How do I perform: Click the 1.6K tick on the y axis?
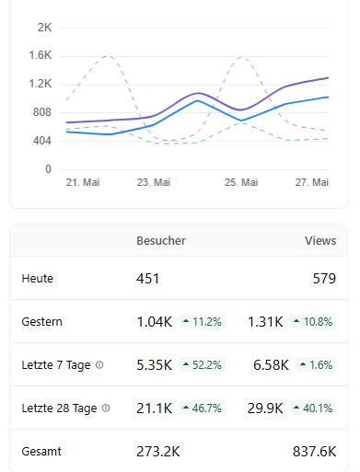[41, 55]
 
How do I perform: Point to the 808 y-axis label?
[42, 112]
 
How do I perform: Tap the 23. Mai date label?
[154, 182]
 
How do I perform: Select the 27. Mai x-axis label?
[312, 182]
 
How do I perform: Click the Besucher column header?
[161, 241]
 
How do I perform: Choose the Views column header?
[320, 241]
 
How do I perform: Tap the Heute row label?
[38, 279]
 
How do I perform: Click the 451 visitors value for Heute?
[148, 279]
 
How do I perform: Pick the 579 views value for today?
[324, 279]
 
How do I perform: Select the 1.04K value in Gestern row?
[155, 322]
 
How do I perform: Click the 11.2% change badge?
[203, 321]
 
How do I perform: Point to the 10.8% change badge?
[313, 321]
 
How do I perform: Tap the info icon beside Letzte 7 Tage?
[99, 365]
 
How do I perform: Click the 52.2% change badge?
[203, 364]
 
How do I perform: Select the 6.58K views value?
[272, 365]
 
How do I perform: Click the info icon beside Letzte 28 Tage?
[106, 409]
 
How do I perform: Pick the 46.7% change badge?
[203, 408]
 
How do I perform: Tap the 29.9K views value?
[265, 409]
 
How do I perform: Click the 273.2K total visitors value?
[158, 452]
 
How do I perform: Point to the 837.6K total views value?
[315, 452]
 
